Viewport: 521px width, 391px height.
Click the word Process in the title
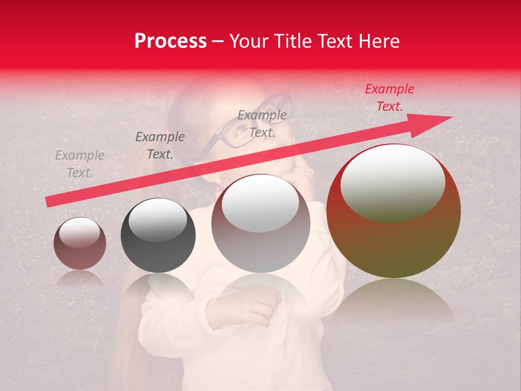pyautogui.click(x=170, y=41)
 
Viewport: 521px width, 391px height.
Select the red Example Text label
pyautogui.click(x=389, y=98)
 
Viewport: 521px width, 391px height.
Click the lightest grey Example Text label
pyautogui.click(x=80, y=164)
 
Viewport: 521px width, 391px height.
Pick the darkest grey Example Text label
pyautogui.click(x=160, y=146)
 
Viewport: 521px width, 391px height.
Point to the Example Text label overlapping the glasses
pyautogui.click(x=262, y=123)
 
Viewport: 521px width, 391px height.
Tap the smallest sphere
pyautogui.click(x=80, y=243)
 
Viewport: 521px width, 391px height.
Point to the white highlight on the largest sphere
pyautogui.click(x=392, y=182)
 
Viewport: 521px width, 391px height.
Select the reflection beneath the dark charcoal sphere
pyautogui.click(x=158, y=291)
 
